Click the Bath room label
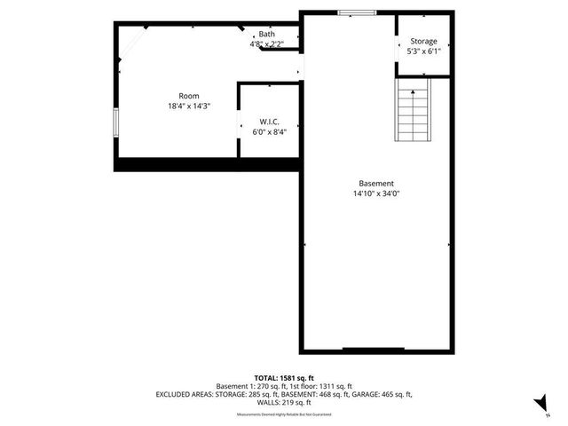(267, 35)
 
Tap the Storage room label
(423, 42)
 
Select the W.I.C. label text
(270, 122)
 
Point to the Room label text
(189, 96)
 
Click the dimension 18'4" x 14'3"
(189, 106)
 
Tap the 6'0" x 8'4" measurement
(270, 131)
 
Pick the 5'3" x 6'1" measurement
(423, 51)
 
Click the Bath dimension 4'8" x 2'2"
(267, 43)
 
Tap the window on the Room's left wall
(114, 122)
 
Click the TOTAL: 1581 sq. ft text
(283, 377)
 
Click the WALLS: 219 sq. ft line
(283, 402)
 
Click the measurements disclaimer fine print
(283, 414)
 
